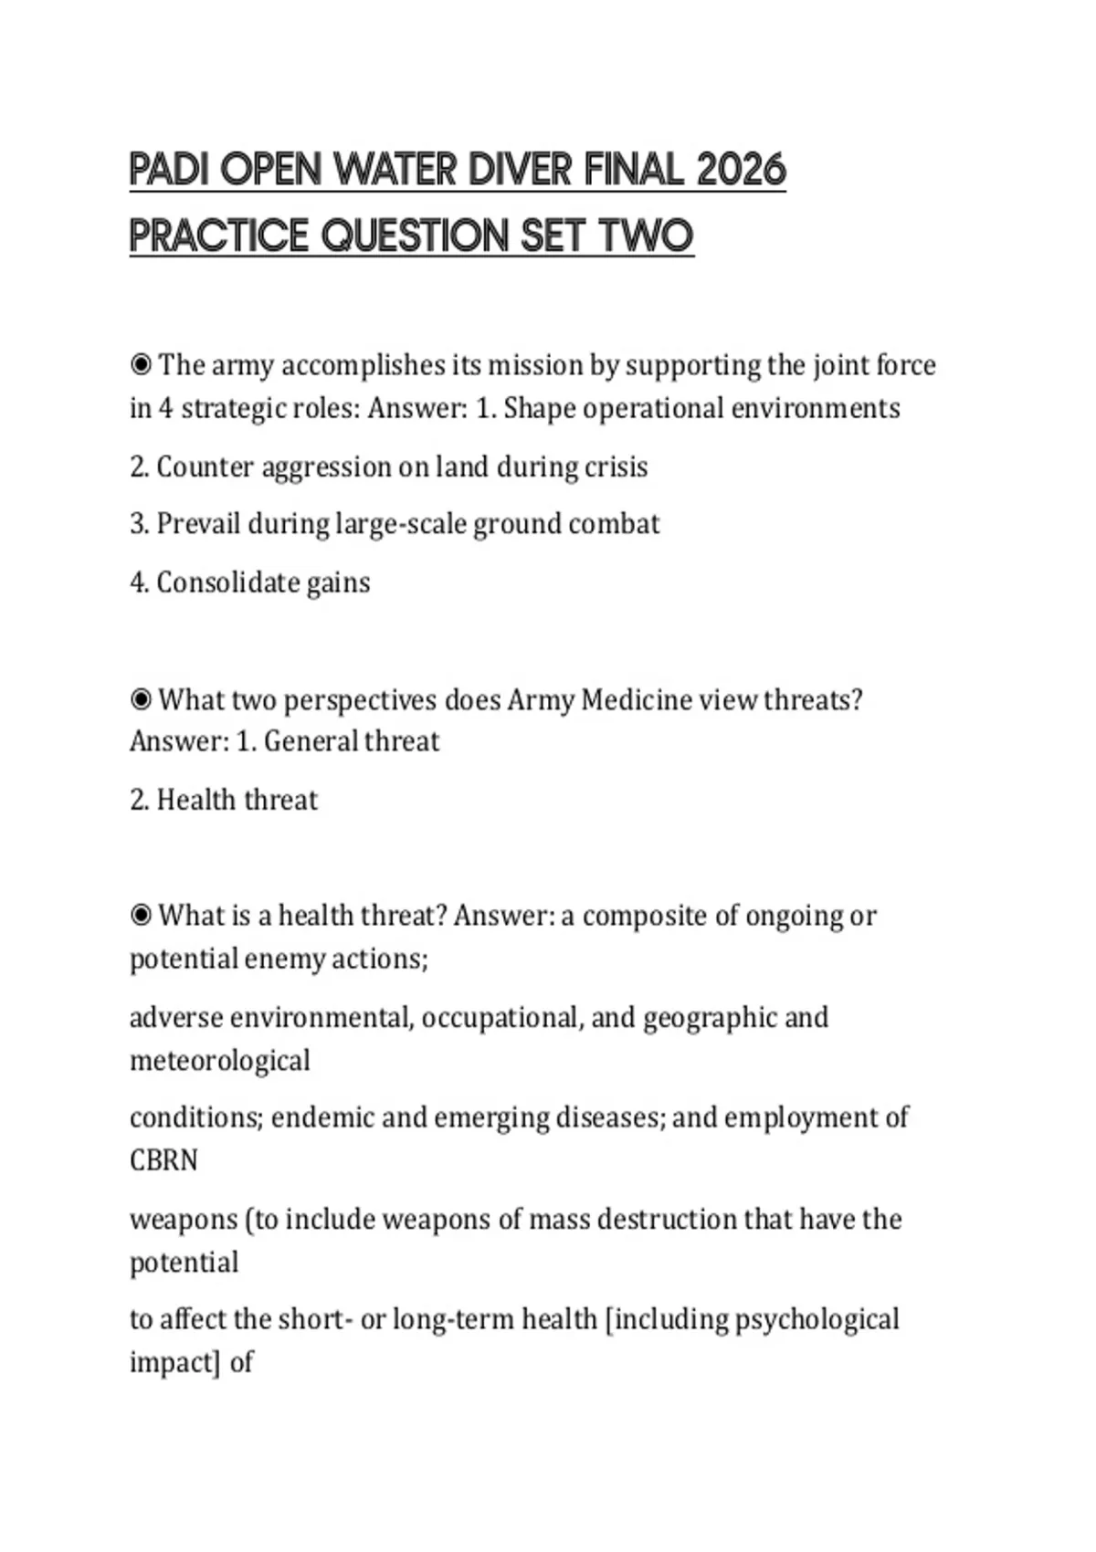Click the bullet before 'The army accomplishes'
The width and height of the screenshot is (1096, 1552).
click(x=141, y=365)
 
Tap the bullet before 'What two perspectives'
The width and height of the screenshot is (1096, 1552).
click(x=141, y=700)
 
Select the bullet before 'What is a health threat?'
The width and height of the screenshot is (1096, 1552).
click(x=141, y=916)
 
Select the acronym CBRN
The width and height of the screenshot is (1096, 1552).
click(x=164, y=1160)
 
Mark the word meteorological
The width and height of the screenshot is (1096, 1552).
click(x=220, y=1061)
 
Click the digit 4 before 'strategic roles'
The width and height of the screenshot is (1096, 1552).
click(x=165, y=408)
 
